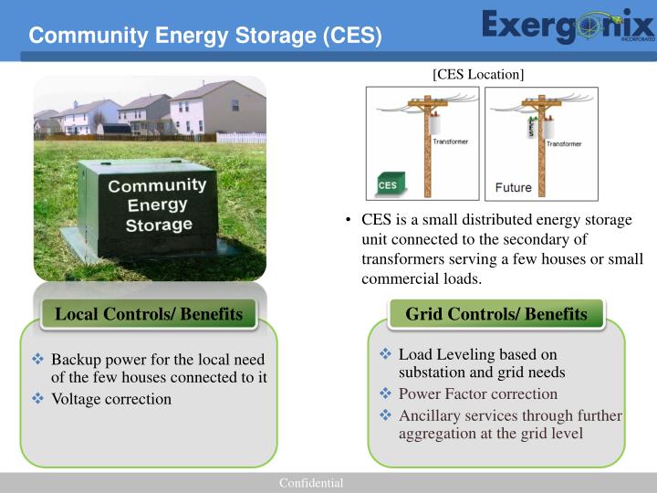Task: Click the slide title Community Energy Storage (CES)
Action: (x=204, y=36)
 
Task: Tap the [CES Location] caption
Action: (x=478, y=73)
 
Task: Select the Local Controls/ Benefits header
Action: (x=149, y=315)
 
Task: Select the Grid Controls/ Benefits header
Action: (x=496, y=315)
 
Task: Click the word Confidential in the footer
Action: (x=311, y=483)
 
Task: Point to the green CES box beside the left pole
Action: (x=388, y=184)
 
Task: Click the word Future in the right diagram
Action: (x=513, y=188)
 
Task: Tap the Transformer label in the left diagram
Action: (x=451, y=142)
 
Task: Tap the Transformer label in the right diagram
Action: (x=564, y=143)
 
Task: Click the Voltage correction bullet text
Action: (x=111, y=399)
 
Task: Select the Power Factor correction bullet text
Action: (x=477, y=394)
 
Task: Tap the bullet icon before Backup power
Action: (x=38, y=359)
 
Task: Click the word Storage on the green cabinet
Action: (x=159, y=224)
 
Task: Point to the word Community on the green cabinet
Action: (x=157, y=186)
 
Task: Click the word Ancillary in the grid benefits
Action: (x=430, y=416)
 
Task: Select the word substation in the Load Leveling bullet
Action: (x=434, y=372)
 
